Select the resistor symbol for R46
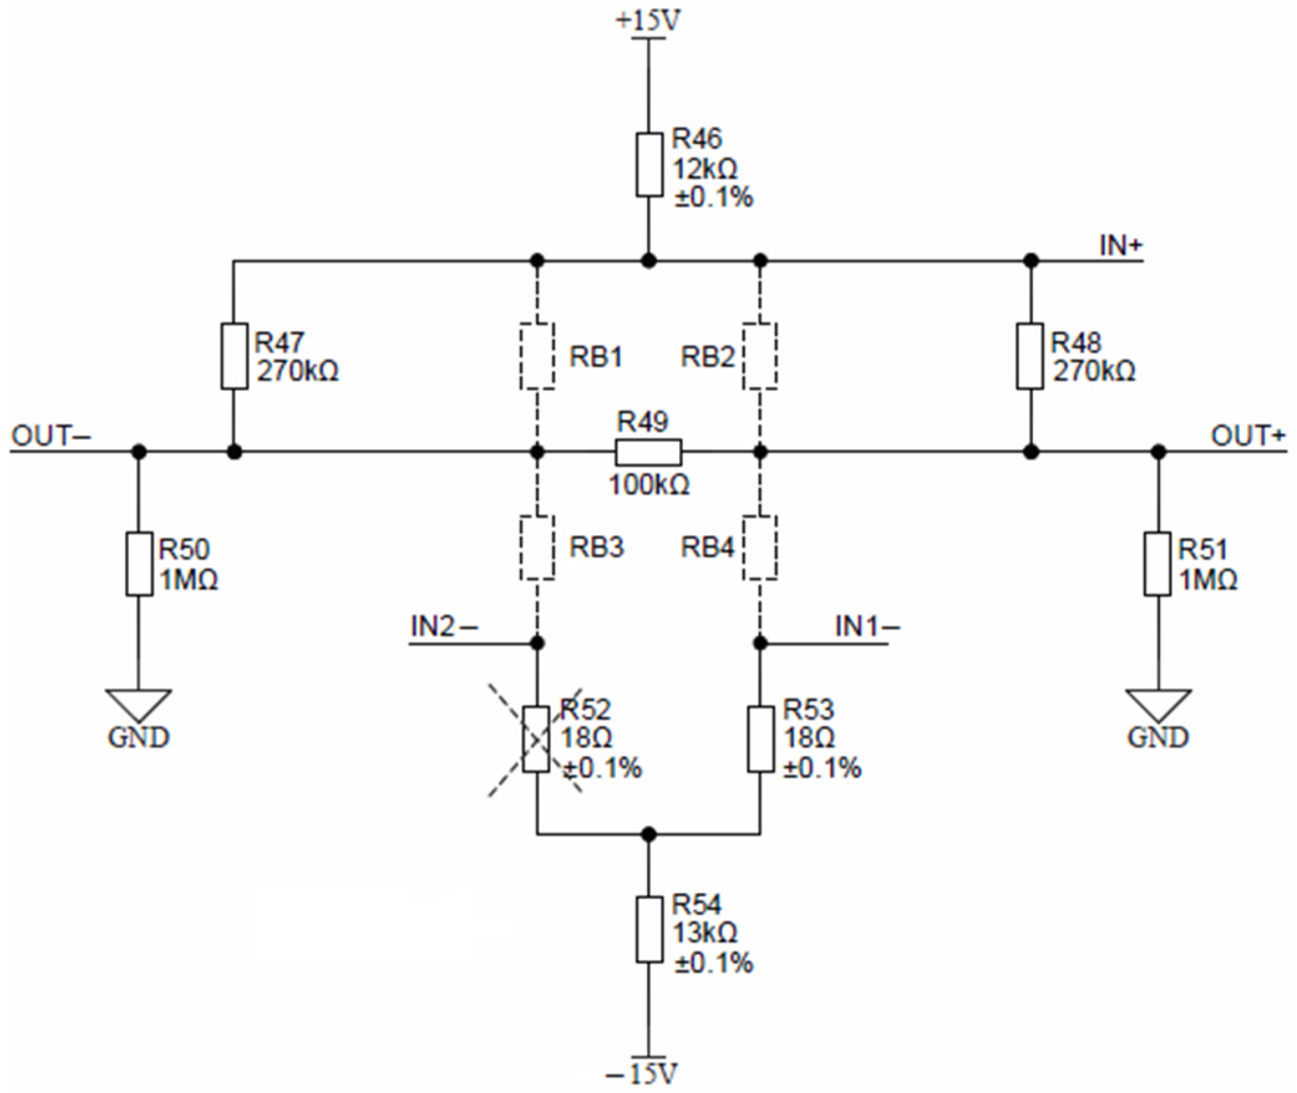pos(648,164)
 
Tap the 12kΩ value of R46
pos(704,168)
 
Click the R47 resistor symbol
pos(234,356)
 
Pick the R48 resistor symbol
pos(1031,356)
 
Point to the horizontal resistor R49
pos(648,452)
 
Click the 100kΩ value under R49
pos(648,485)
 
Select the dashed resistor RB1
pos(537,356)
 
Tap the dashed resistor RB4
pos(760,547)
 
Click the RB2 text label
pos(708,357)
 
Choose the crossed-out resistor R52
pos(536,739)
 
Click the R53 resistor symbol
pos(760,739)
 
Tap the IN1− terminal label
pos(867,626)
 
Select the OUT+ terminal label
pos(1247,435)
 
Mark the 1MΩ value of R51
pos(1208,580)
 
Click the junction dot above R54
pos(648,833)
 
